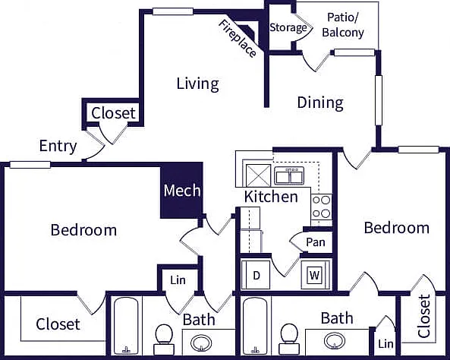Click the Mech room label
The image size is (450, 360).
pyautogui.click(x=182, y=191)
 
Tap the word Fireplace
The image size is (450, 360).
pyautogui.click(x=238, y=39)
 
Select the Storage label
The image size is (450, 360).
pyautogui.click(x=288, y=28)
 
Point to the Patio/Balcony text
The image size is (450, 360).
pyautogui.click(x=343, y=25)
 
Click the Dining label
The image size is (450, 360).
pyautogui.click(x=320, y=103)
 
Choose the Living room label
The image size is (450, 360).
pyautogui.click(x=198, y=84)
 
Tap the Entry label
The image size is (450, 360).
pyautogui.click(x=58, y=147)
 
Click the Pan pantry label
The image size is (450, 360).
pyautogui.click(x=316, y=242)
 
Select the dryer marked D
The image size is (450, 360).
pyautogui.click(x=256, y=275)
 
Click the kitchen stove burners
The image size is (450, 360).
pyautogui.click(x=322, y=207)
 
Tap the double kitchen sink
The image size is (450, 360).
pyautogui.click(x=289, y=175)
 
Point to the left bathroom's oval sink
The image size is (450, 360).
pyautogui.click(x=201, y=343)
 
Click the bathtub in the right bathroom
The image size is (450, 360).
pyautogui.click(x=256, y=326)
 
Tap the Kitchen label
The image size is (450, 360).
pyautogui.click(x=271, y=197)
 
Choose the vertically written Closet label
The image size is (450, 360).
pyautogui.click(x=424, y=316)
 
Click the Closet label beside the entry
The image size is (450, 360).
pyautogui.click(x=113, y=113)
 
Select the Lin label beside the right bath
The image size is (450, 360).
pyautogui.click(x=385, y=343)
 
